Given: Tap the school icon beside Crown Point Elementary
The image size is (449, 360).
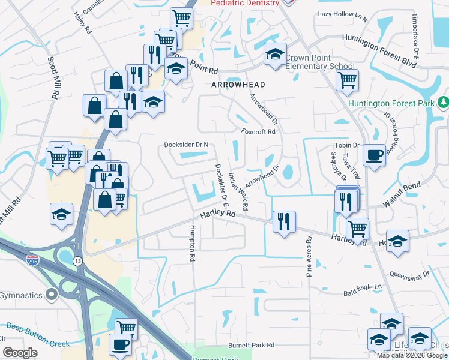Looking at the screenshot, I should (274, 55).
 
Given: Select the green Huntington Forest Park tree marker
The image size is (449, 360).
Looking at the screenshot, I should (443, 103).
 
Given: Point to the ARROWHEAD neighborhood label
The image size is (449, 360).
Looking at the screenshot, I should (238, 85).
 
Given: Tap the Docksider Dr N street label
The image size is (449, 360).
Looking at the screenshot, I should (186, 145).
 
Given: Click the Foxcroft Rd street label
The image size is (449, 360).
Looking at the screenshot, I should (258, 131).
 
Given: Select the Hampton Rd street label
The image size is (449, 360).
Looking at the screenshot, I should (193, 243).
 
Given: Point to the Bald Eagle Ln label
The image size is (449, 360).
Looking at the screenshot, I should (363, 287).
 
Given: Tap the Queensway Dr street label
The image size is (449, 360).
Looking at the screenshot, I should (410, 275).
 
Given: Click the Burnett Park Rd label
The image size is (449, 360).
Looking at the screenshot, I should (251, 346).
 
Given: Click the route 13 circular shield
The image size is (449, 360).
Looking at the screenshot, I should (78, 261).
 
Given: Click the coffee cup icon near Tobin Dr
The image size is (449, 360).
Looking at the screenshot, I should (374, 155).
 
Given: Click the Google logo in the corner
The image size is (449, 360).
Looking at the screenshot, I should (20, 353).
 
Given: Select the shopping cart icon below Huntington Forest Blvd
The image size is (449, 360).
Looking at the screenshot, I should (347, 80).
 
